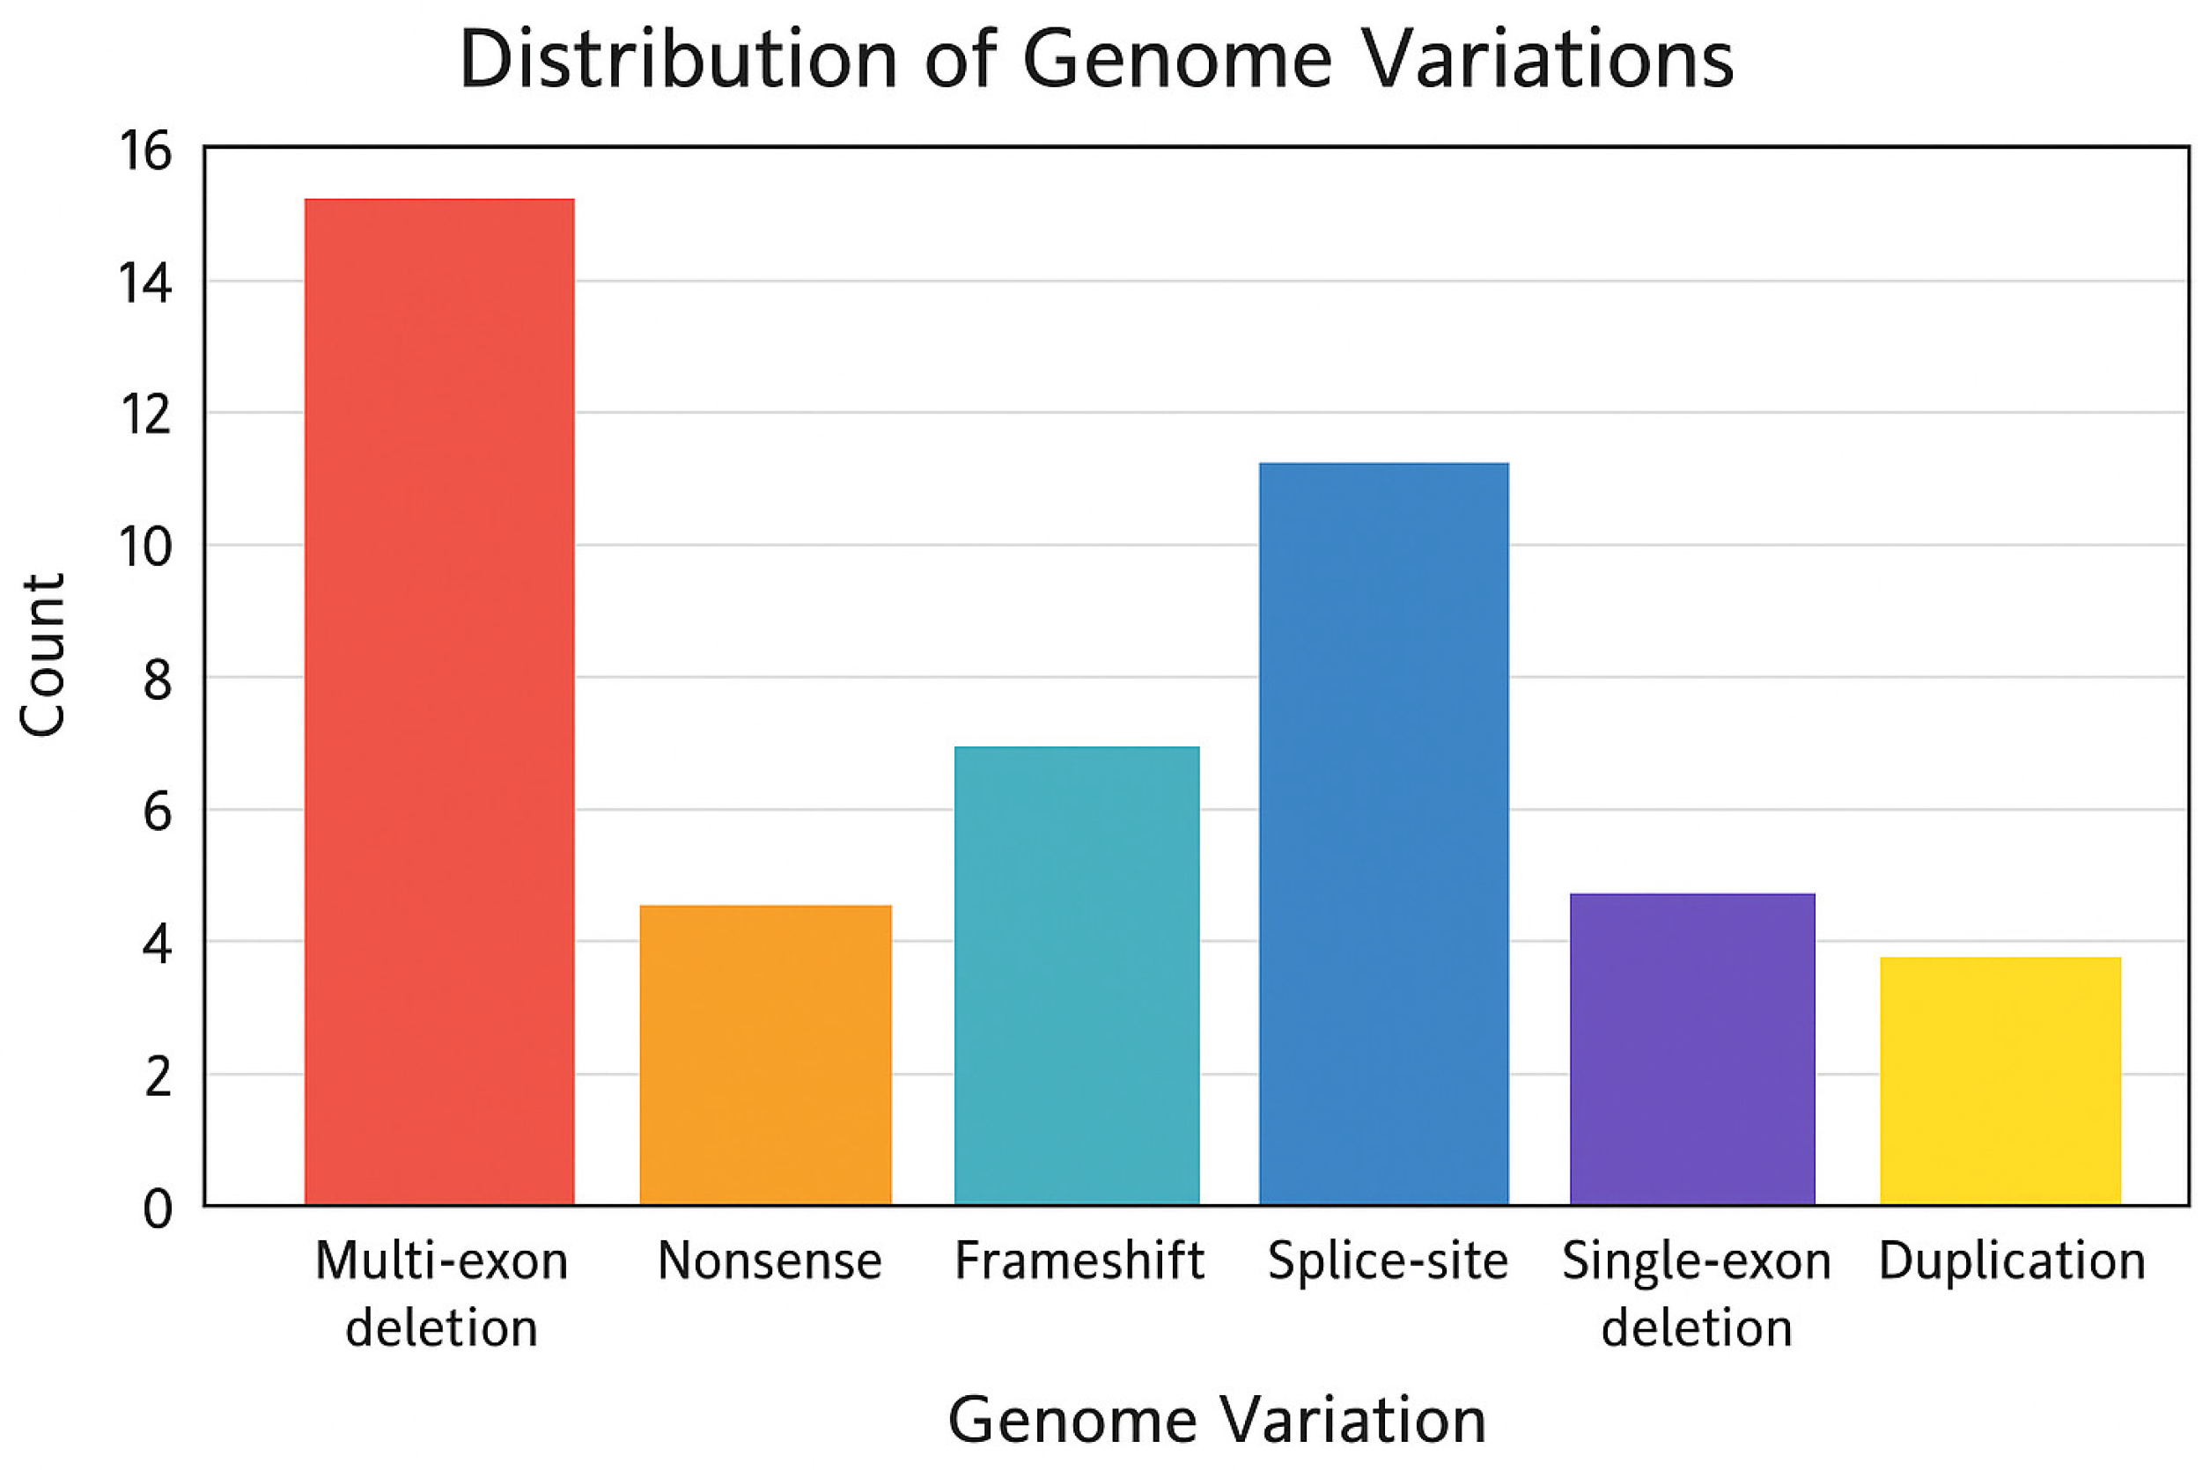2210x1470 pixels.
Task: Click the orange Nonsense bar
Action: pos(765,1055)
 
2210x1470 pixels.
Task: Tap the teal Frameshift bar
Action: pos(1077,975)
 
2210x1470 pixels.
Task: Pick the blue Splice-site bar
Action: pos(1383,834)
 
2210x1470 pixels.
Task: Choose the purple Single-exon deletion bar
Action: pos(1691,1049)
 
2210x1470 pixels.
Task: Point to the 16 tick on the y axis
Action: pos(145,150)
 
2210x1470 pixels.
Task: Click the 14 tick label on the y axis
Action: pos(145,283)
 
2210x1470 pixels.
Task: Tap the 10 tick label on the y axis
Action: pos(145,547)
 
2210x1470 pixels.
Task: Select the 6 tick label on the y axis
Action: pos(158,811)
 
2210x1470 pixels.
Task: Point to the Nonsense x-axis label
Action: pos(769,1261)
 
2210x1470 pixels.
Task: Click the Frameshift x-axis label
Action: pos(1079,1261)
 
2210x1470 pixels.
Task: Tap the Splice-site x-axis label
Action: pos(1388,1261)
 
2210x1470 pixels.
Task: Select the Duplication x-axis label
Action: pos(2012,1261)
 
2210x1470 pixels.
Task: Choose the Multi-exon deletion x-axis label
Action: pos(441,1294)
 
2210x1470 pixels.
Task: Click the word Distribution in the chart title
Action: pos(678,60)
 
